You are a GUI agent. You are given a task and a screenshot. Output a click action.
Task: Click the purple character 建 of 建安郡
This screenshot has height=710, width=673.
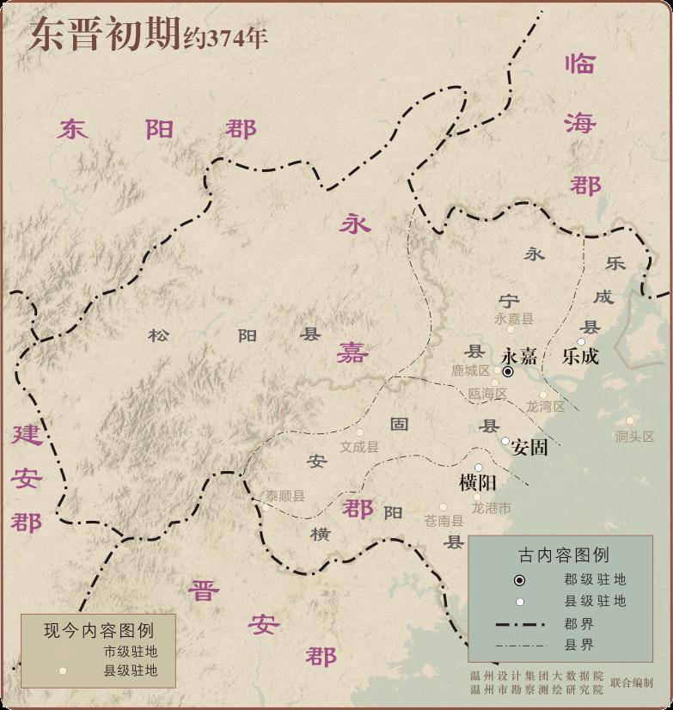coord(27,434)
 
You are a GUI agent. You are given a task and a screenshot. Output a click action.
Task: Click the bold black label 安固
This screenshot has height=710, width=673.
coord(529,448)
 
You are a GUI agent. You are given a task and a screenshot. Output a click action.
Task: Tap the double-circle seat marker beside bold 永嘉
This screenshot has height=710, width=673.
coord(508,371)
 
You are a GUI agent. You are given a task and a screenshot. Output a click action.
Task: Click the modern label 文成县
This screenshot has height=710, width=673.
coord(359,447)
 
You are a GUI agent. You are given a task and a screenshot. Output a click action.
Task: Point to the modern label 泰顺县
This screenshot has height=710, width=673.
coord(284,496)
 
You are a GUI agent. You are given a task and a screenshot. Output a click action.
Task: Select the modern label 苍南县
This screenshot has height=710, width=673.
coord(444,521)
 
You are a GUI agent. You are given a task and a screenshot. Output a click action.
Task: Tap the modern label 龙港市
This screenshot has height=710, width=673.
coord(492,508)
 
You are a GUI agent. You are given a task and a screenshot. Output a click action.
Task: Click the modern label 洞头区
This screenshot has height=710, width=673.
coord(634,437)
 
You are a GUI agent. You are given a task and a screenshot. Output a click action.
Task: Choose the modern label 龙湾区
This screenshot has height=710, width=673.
coord(545,407)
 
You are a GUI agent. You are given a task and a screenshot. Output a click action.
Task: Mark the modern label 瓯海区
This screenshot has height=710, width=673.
coord(487,394)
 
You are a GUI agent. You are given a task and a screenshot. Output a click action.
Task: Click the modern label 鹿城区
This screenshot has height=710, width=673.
coord(470,370)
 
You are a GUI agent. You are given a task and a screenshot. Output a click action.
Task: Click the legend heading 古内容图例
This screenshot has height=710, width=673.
coord(564,554)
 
